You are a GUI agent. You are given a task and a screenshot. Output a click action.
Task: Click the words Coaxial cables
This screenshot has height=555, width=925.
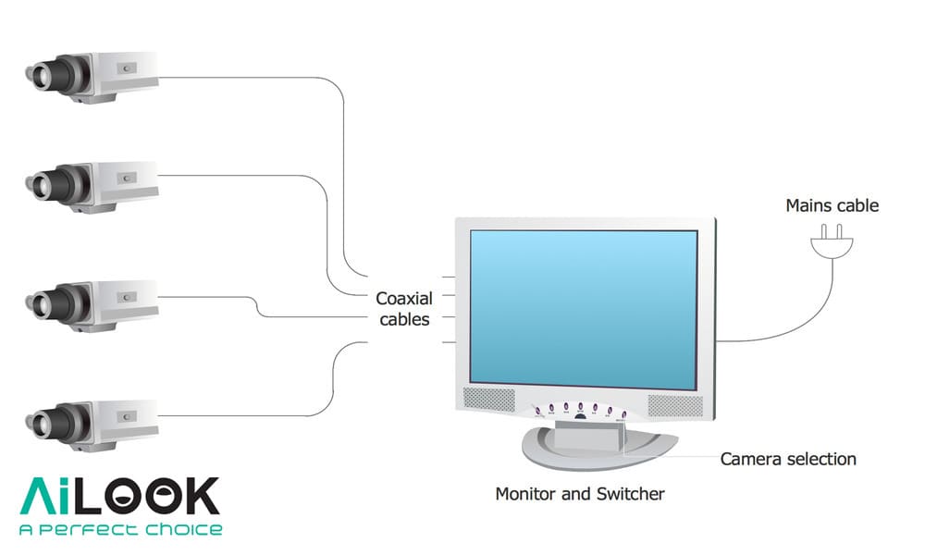tap(404, 309)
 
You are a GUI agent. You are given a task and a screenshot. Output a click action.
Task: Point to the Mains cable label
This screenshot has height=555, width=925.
tap(832, 205)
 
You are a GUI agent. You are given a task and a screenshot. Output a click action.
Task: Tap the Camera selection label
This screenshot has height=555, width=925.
tap(788, 459)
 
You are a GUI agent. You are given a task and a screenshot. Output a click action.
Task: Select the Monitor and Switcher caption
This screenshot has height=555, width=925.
tap(580, 494)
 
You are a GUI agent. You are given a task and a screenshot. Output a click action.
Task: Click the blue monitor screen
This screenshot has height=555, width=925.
tap(583, 307)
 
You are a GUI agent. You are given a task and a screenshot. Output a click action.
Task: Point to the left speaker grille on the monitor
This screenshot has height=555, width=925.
tap(487, 401)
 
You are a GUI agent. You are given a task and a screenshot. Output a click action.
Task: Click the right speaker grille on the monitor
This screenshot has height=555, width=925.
tap(674, 404)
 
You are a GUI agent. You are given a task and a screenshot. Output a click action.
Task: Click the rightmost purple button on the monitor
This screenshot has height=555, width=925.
tap(624, 414)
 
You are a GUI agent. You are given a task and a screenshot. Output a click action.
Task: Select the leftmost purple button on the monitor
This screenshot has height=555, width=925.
tap(536, 408)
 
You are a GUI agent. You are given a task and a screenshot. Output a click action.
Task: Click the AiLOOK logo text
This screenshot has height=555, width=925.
tap(120, 497)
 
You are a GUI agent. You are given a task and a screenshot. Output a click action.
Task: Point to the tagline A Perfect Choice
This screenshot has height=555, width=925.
tap(120, 530)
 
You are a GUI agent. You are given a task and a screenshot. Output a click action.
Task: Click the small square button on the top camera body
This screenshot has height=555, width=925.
tap(127, 67)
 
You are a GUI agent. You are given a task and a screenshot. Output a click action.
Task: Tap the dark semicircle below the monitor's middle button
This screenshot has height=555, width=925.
tap(580, 416)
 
